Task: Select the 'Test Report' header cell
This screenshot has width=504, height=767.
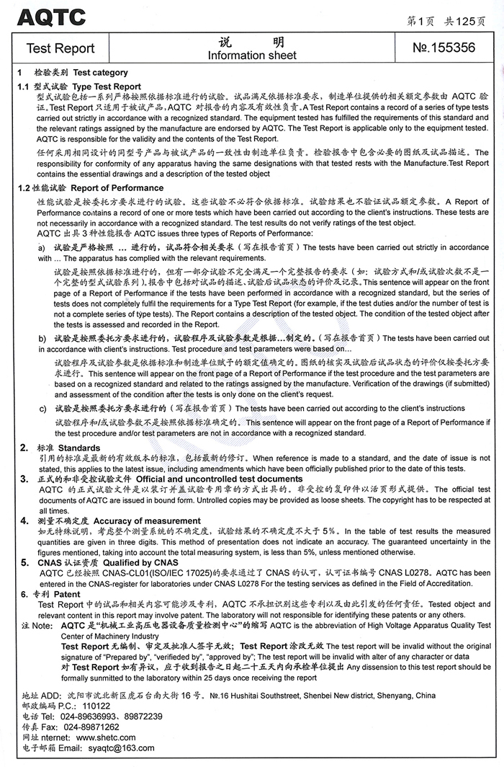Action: pos(60,48)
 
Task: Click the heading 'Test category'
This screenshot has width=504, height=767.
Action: pos(100,72)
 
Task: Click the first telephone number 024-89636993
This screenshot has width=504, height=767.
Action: pos(89,717)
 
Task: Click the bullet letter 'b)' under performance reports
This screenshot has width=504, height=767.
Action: pos(42,337)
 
